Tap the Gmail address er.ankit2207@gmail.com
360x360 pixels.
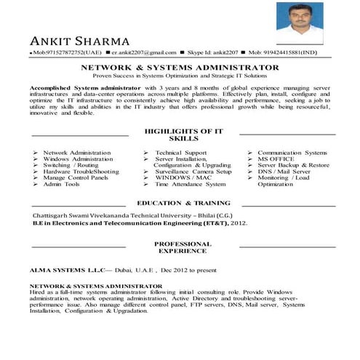[x=144, y=53]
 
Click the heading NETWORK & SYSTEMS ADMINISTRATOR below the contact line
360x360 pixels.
[x=180, y=66]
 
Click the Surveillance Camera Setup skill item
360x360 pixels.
[x=193, y=172]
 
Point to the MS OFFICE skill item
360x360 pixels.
[x=276, y=159]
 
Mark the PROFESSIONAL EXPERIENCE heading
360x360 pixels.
[x=183, y=247]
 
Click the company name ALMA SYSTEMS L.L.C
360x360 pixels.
[x=68, y=270]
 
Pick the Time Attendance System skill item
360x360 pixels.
[x=191, y=184]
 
